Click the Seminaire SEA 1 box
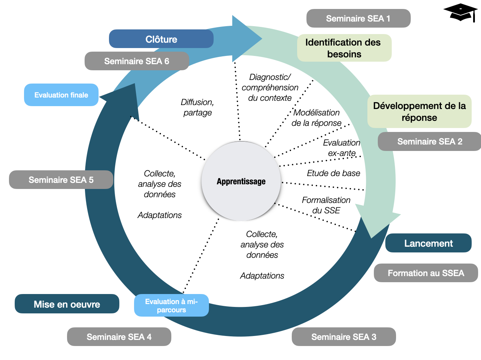click(358, 18)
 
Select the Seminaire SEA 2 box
click(429, 141)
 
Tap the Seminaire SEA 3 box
click(343, 337)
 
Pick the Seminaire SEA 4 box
click(119, 337)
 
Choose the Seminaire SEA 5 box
click(61, 180)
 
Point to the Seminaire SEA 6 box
click(137, 61)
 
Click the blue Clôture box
click(161, 39)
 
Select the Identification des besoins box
click(344, 48)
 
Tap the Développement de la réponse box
click(419, 112)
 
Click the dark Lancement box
click(428, 243)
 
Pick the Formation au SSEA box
click(425, 273)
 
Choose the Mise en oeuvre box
click(67, 304)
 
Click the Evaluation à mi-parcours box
click(171, 305)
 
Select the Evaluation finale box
click(61, 95)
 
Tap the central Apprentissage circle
click(241, 181)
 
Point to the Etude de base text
click(333, 173)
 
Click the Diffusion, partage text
click(197, 107)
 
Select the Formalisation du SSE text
click(326, 205)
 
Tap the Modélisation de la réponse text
click(316, 118)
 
